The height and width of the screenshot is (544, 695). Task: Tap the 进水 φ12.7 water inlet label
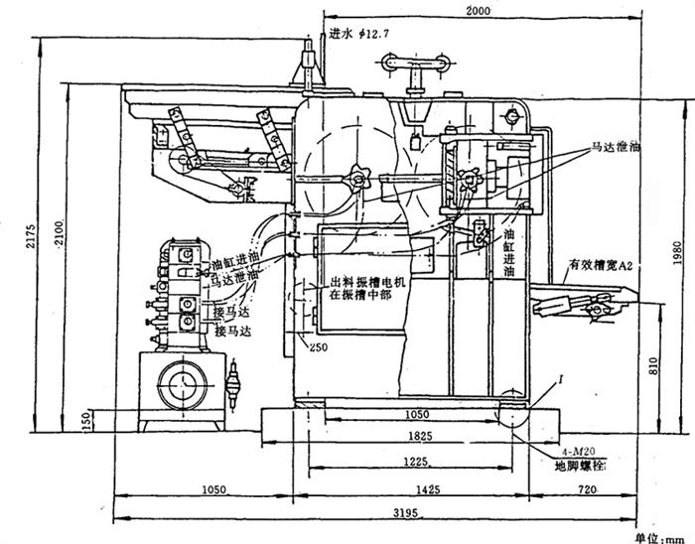click(354, 34)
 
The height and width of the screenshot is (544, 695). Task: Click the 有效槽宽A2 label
click(599, 266)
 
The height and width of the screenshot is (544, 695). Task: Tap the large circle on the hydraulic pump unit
click(179, 383)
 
